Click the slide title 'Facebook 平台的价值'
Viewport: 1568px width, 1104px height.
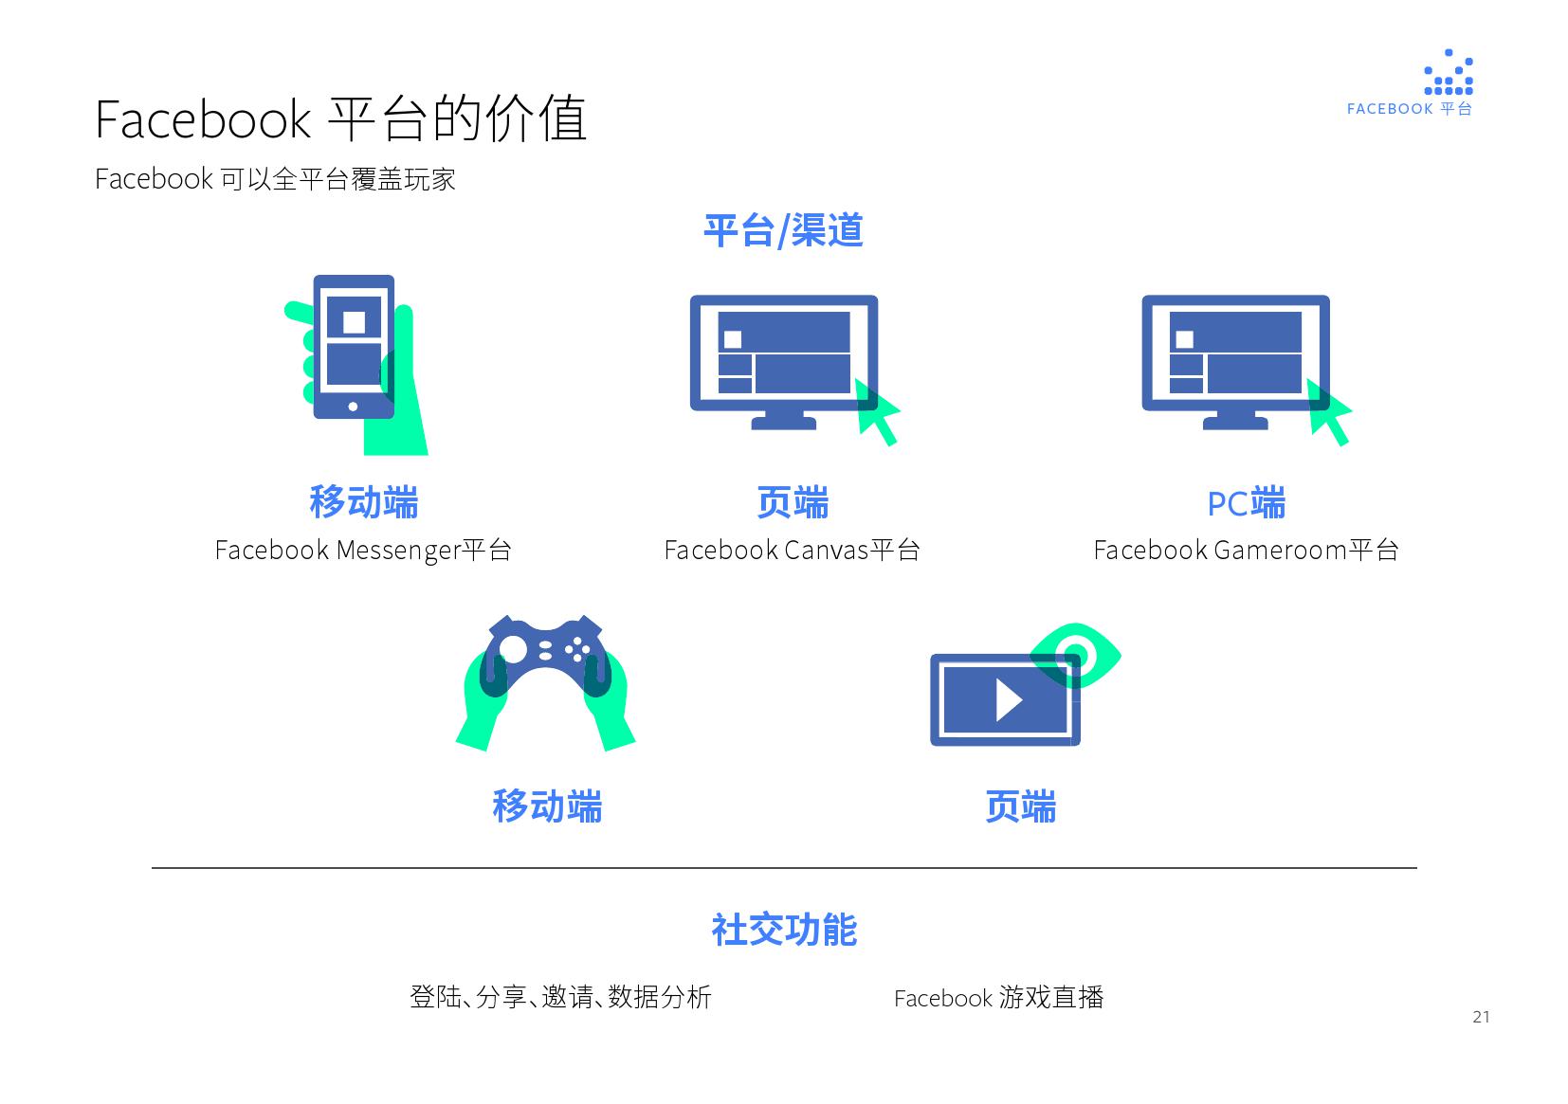341,118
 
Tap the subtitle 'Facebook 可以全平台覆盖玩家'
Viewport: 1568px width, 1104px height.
275,179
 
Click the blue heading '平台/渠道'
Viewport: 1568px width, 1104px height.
783,230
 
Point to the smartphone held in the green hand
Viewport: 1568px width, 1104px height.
354,346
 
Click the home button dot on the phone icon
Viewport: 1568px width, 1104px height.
353,407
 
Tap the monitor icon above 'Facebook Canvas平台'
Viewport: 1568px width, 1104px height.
784,362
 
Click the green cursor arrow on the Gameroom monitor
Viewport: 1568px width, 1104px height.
1328,411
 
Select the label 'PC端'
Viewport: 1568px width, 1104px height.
1246,503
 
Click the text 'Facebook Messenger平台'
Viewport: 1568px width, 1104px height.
362,550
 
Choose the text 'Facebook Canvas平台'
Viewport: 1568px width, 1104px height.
792,550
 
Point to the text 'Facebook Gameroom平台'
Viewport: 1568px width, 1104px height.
1246,550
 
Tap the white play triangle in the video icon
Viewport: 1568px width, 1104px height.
1009,700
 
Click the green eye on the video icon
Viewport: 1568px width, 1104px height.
1075,657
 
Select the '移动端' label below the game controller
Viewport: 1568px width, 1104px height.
547,806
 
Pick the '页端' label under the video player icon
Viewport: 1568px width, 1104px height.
1021,806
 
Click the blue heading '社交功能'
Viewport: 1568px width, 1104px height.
784,930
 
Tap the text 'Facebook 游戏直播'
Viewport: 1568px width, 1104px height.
998,998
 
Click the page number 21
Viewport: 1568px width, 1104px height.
1481,1017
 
